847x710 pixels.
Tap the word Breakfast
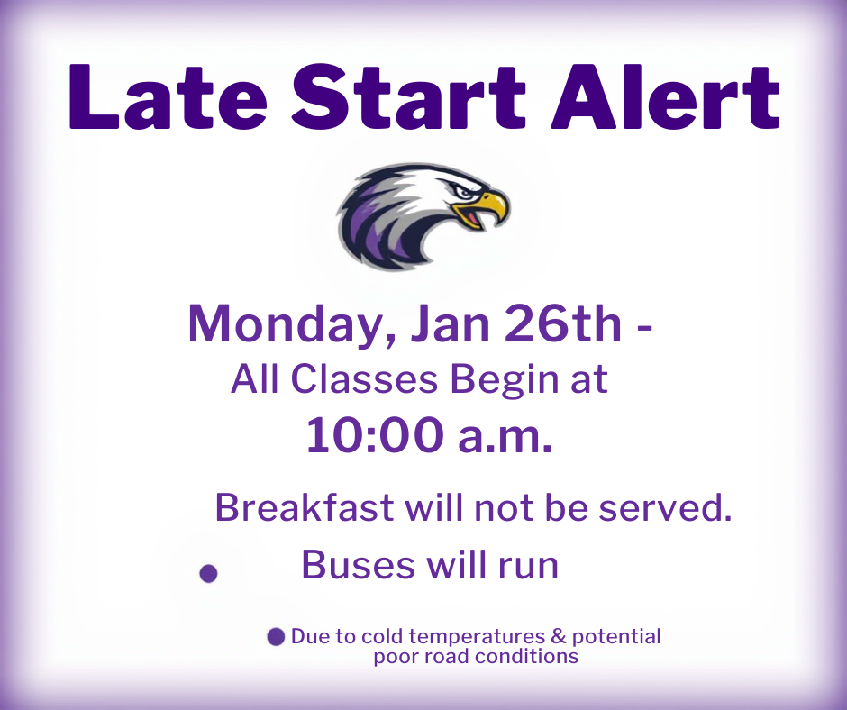pyautogui.click(x=305, y=508)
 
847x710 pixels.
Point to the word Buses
pyautogui.click(x=359, y=565)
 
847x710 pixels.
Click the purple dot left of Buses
pyautogui.click(x=208, y=573)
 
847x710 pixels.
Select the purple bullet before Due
pyautogui.click(x=277, y=637)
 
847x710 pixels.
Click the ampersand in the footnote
pyautogui.click(x=559, y=636)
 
